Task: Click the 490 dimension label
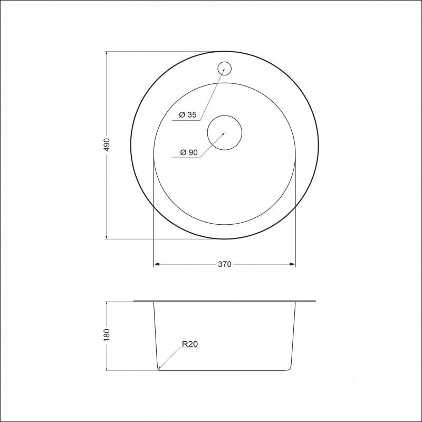coord(107,145)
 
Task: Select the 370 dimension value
coord(225,264)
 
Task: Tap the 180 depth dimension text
coord(107,335)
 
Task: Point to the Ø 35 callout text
coord(188,114)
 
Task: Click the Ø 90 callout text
coord(189,152)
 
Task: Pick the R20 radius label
coord(190,344)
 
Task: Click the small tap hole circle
coord(225,69)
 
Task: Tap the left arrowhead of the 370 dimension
coord(156,264)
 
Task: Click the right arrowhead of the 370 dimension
coord(293,264)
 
